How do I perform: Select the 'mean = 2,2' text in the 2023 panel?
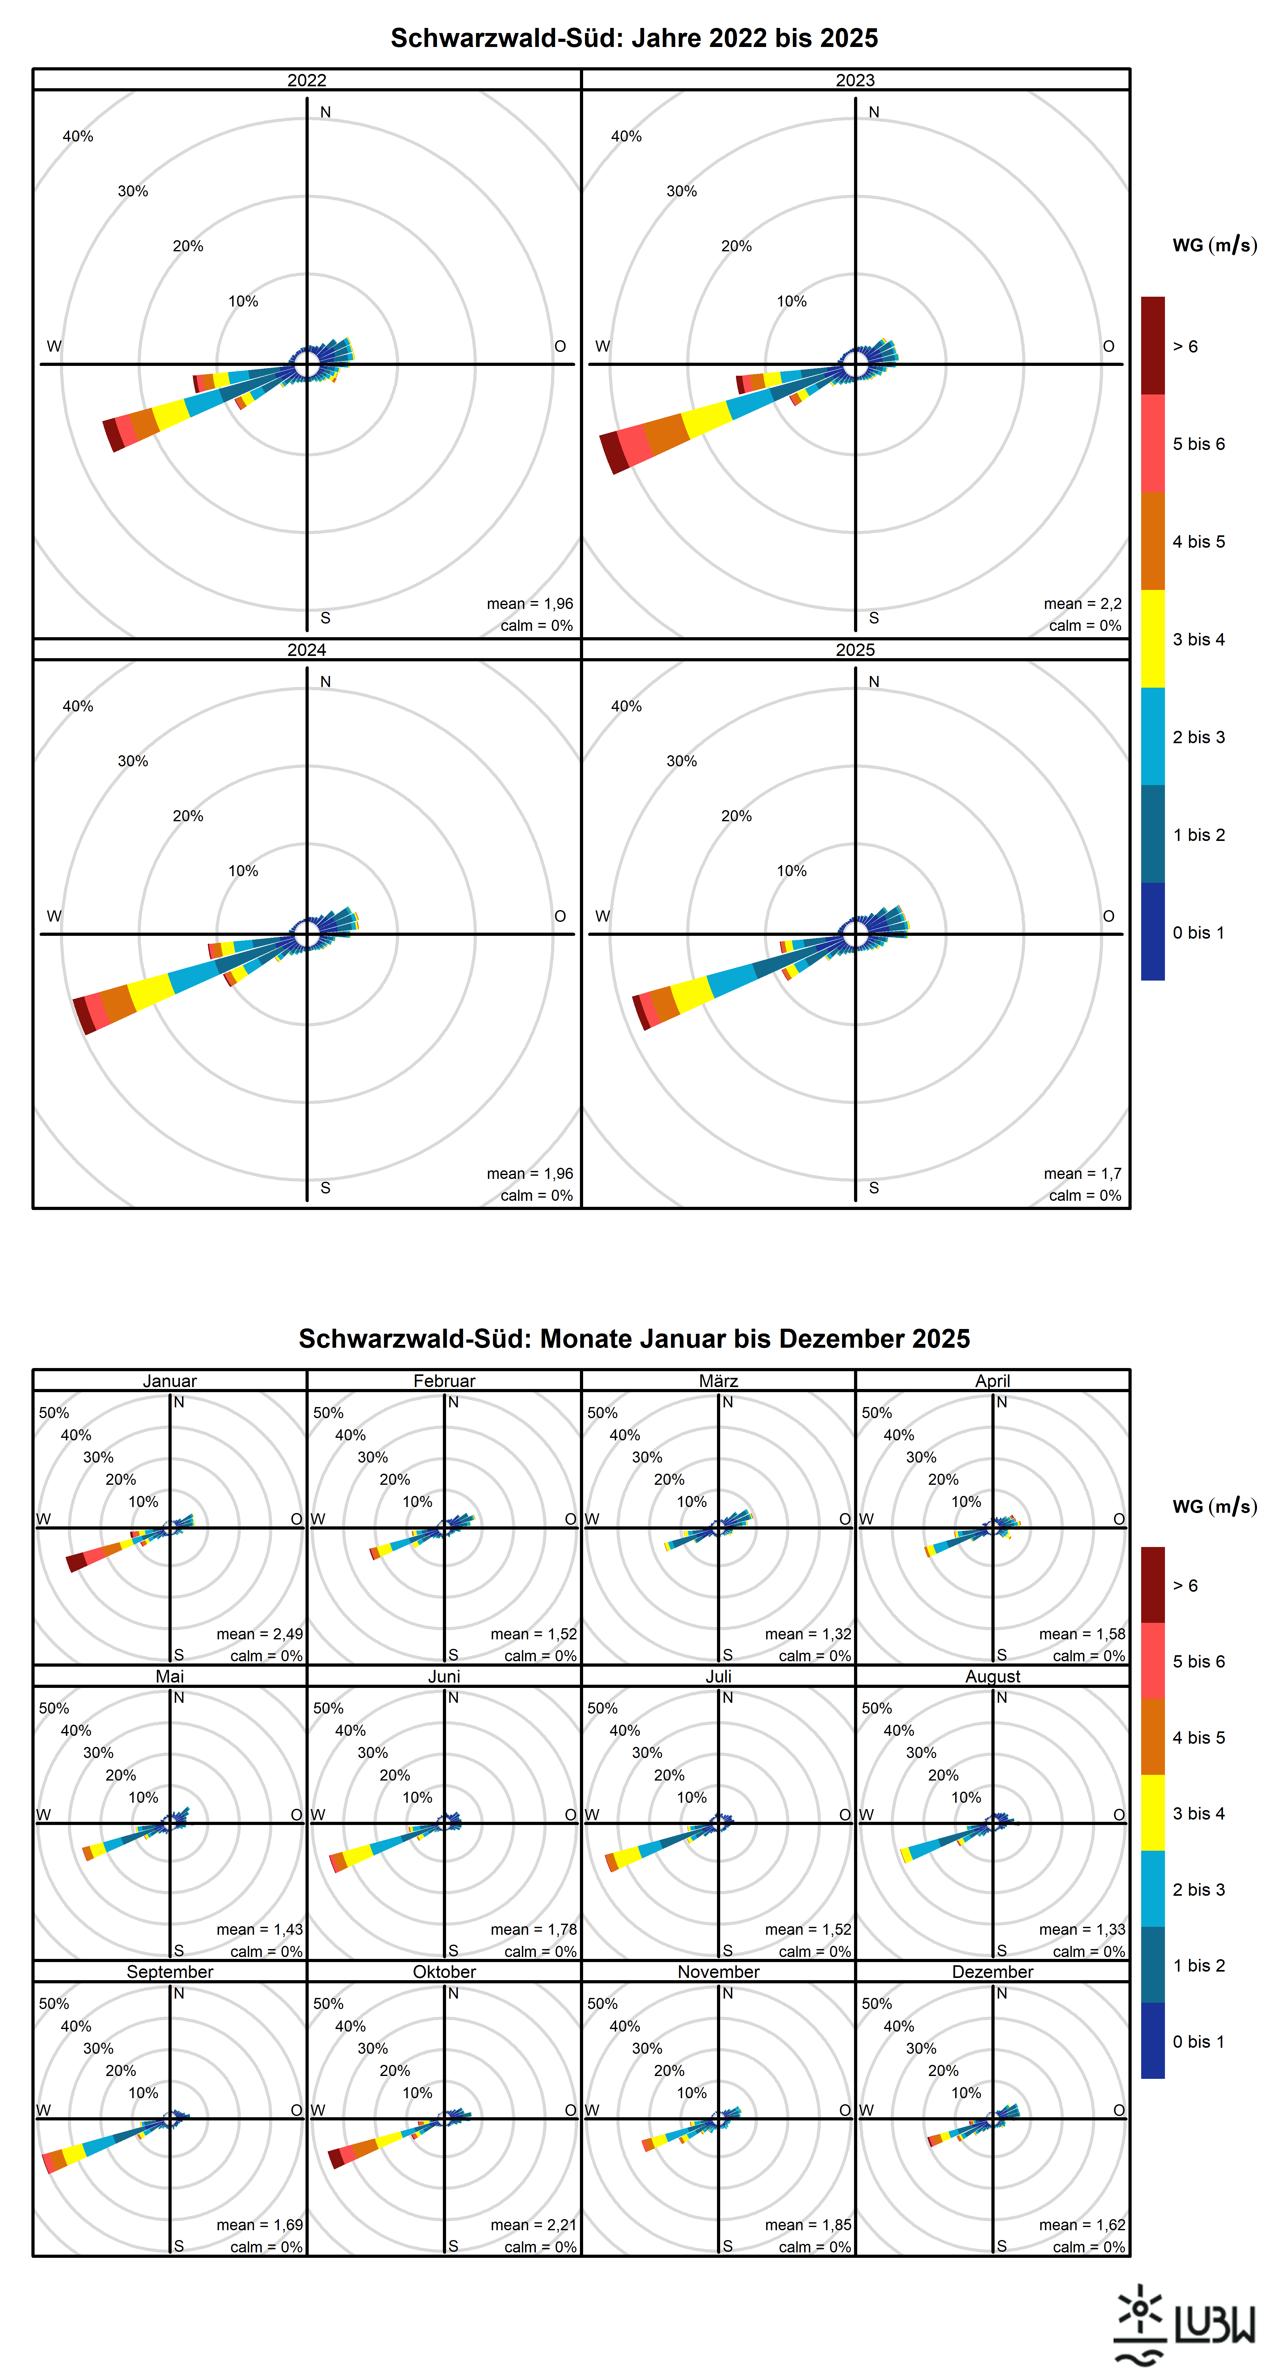tap(1082, 603)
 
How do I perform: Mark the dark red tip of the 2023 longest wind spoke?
tap(613, 453)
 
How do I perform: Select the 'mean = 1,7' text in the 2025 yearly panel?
tap(1082, 1173)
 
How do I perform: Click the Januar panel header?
tap(170, 1380)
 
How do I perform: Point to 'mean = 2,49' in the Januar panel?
tap(260, 1634)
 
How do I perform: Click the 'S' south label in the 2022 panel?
tap(325, 618)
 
